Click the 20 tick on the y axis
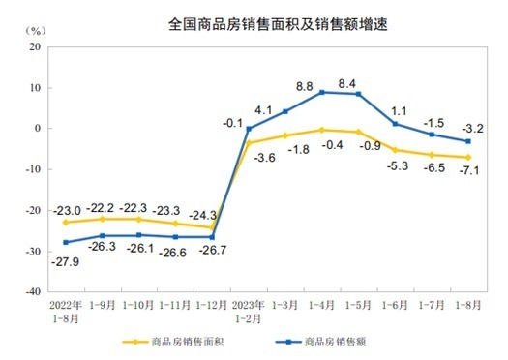pos(34,46)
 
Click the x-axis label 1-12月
pos(212,304)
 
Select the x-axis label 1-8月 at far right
pos(467,304)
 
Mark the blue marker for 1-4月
pos(322,92)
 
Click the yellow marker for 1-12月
pos(213,227)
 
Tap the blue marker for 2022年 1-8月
pos(66,242)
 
